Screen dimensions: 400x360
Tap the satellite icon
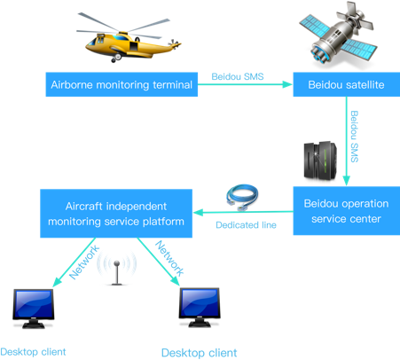[x=339, y=35]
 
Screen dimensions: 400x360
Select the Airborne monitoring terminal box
[x=122, y=84]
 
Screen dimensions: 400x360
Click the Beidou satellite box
[x=346, y=84]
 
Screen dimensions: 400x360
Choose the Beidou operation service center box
[x=346, y=211]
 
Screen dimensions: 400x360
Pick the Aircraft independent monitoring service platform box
[x=116, y=214]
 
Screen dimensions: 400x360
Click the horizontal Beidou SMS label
[x=238, y=77]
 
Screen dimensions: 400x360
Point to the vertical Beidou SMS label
[x=354, y=137]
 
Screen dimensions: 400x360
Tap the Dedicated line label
[x=246, y=225]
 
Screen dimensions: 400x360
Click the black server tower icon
[x=320, y=160]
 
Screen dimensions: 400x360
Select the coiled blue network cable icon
[x=242, y=198]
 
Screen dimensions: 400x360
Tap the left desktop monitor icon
[x=34, y=309]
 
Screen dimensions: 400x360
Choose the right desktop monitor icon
[x=200, y=308]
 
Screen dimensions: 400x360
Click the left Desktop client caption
[x=33, y=352]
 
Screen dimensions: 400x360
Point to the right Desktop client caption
[x=199, y=353]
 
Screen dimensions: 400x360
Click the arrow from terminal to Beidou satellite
[x=245, y=84]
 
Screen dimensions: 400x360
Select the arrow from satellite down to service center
[x=347, y=141]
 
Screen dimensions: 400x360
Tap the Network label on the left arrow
[x=84, y=262]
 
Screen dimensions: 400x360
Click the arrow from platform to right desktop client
[x=159, y=262]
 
